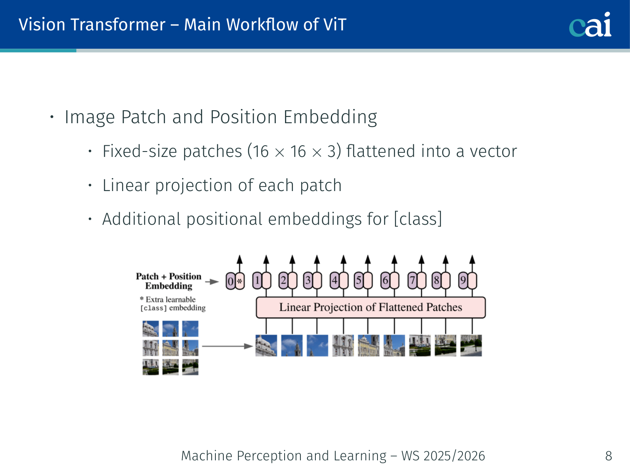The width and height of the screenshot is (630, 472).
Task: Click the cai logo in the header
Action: (x=590, y=25)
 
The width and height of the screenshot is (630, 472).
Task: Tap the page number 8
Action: (x=608, y=456)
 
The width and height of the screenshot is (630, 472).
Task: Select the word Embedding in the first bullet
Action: (x=330, y=117)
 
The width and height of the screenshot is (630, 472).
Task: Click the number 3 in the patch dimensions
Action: (x=331, y=152)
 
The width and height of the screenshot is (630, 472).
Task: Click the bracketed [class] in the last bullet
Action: (x=418, y=219)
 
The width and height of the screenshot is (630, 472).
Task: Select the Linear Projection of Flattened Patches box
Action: (x=370, y=307)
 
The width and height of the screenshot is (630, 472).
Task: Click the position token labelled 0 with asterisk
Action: (x=235, y=281)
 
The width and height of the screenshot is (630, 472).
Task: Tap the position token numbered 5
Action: (x=362, y=281)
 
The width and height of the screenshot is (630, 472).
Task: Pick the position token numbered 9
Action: (x=467, y=281)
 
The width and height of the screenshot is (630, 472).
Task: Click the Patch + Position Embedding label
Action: (x=168, y=281)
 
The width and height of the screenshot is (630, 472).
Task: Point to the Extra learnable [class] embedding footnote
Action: (x=172, y=304)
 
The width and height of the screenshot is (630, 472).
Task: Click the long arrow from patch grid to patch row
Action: (x=227, y=346)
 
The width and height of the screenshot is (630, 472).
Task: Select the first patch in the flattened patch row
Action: (x=266, y=346)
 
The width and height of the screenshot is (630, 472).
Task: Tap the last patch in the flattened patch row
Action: (x=471, y=346)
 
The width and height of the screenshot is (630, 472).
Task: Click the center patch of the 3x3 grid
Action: (x=170, y=348)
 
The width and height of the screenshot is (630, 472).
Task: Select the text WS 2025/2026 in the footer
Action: (x=443, y=456)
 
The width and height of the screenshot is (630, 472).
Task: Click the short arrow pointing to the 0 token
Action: (x=212, y=282)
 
